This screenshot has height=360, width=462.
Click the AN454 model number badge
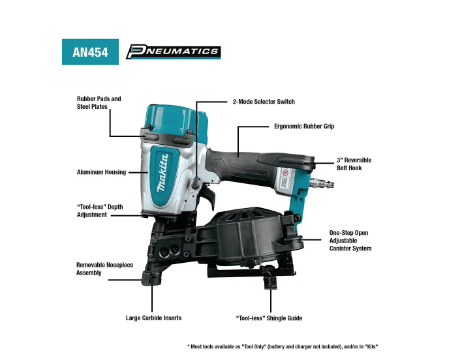tap(90, 52)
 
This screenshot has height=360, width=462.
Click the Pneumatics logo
tap(174, 52)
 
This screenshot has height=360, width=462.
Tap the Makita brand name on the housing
tap(163, 173)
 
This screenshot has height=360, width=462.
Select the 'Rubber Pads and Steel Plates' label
tap(99, 103)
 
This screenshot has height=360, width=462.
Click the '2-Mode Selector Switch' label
tap(264, 102)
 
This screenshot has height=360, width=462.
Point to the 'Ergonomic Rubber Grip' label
tap(304, 127)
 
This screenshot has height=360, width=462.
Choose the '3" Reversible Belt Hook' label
tap(354, 164)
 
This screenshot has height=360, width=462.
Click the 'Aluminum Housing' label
tap(101, 172)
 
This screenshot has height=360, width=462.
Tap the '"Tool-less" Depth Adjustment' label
tap(100, 211)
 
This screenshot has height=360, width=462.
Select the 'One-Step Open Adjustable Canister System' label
tap(350, 241)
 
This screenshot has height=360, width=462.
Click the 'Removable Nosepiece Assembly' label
tap(104, 269)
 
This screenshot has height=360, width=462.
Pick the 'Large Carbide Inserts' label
tap(153, 318)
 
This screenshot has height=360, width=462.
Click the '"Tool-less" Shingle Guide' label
tap(269, 318)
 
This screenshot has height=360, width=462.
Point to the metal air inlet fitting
tap(322, 183)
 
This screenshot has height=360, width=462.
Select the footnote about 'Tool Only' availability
tap(283, 346)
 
